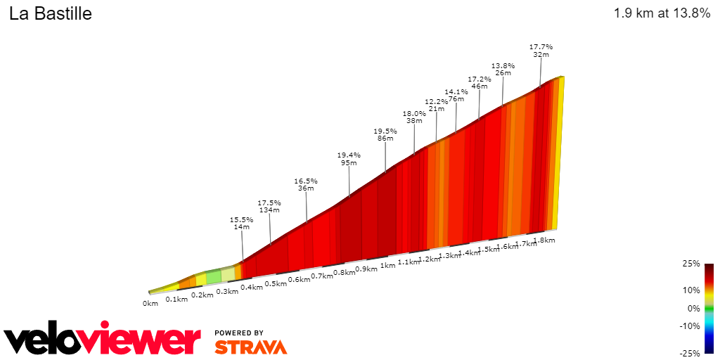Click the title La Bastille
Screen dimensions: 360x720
[x=51, y=14]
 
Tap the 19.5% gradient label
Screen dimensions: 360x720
[x=385, y=131]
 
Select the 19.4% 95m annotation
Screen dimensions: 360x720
[x=349, y=159]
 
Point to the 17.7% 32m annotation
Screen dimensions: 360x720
[x=541, y=51]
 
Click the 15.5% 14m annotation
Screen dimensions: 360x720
[x=241, y=224]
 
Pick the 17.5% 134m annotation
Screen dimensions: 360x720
[x=269, y=206]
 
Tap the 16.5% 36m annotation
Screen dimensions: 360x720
[x=306, y=184]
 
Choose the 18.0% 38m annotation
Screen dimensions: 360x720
[x=414, y=117]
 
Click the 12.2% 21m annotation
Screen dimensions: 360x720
[x=436, y=105]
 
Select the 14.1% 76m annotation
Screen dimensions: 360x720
[x=456, y=95]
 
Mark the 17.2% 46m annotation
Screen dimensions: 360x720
[x=479, y=82]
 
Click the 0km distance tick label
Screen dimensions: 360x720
[x=150, y=304]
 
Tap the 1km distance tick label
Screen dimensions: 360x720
[x=387, y=266]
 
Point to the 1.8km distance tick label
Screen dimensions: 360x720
[x=544, y=240]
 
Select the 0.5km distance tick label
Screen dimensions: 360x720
[x=276, y=283]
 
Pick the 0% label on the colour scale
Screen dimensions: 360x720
[x=694, y=308]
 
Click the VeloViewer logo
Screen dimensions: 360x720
[x=103, y=340]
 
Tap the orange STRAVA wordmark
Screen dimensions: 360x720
[x=250, y=347]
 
